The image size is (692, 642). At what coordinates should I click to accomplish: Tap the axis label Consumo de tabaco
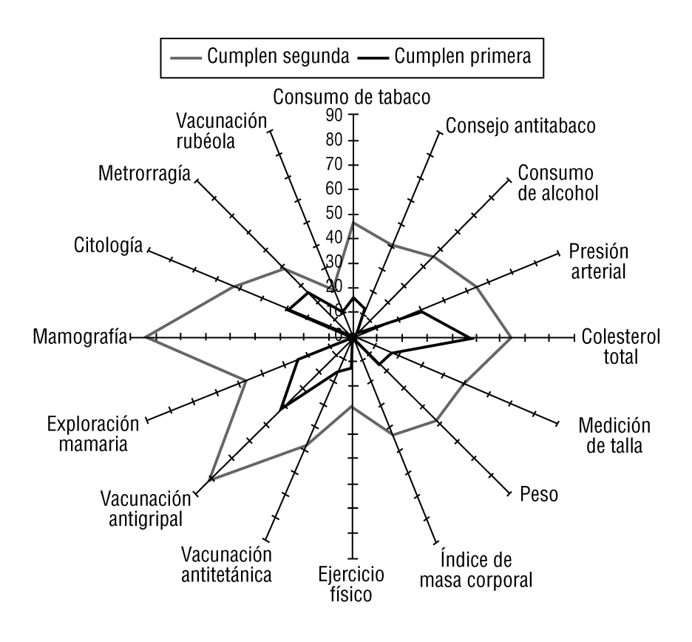tap(351, 96)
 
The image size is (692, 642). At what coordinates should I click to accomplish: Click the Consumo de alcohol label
tap(556, 183)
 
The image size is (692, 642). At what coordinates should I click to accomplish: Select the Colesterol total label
tap(621, 346)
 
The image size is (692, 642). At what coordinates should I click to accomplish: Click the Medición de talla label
tap(614, 436)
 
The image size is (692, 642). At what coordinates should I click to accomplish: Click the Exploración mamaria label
tap(93, 434)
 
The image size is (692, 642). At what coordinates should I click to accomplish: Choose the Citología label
tap(109, 245)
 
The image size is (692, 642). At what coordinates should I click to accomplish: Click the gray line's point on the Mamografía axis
tap(145, 337)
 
